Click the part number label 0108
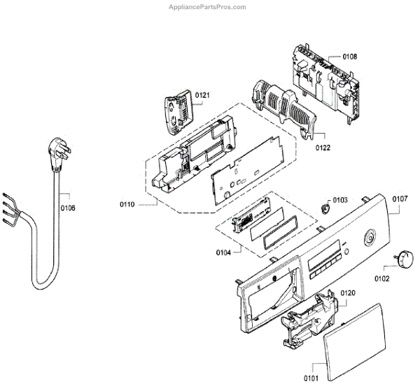pos(350,56)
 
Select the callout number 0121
pos(202,94)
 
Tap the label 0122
pos(323,148)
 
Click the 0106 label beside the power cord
pos(68,207)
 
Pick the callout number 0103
pos(340,199)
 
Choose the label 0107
pos(400,199)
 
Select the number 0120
pos(348,293)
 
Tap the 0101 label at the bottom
pos(309,378)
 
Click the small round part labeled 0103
pos(323,207)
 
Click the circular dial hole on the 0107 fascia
pos(367,240)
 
